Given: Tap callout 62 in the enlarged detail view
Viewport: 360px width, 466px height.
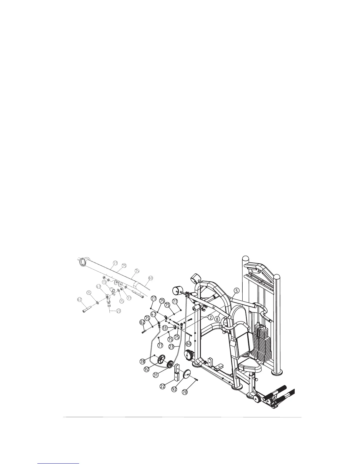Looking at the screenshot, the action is [x=79, y=299].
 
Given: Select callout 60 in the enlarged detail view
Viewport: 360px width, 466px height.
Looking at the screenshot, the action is [x=151, y=278].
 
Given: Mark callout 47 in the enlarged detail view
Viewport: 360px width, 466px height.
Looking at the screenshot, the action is [x=99, y=286].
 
